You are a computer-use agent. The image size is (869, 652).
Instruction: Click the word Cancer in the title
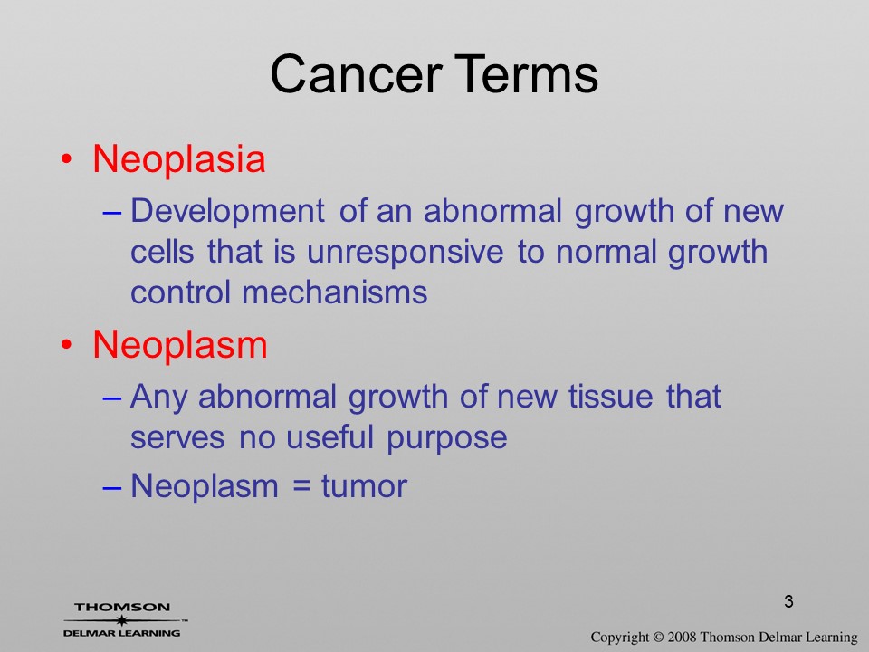(356, 74)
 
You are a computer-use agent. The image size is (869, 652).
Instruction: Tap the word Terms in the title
(528, 74)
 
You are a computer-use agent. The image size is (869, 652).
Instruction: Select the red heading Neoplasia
(179, 159)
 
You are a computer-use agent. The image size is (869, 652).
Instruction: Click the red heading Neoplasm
(180, 344)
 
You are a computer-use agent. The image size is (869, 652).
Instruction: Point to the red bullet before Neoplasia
(66, 159)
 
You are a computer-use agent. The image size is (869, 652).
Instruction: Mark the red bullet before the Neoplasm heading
(66, 345)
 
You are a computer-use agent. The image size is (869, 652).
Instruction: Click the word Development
(227, 212)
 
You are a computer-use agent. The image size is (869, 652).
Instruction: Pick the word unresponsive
(406, 254)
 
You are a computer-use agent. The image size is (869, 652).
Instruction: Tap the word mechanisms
(335, 292)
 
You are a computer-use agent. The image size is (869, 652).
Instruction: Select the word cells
(162, 252)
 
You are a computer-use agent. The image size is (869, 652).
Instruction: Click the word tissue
(610, 397)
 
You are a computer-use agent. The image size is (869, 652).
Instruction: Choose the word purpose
(446, 439)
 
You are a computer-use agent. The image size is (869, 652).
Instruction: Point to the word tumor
(364, 486)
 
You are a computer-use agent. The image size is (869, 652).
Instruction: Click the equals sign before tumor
(300, 487)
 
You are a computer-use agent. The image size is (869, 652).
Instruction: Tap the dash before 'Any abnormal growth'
(112, 398)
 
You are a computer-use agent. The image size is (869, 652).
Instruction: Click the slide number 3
(788, 601)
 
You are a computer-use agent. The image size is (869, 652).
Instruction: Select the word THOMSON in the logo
(122, 607)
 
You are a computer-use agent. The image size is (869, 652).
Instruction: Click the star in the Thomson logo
(122, 620)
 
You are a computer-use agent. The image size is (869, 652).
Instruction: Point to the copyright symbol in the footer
(658, 637)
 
